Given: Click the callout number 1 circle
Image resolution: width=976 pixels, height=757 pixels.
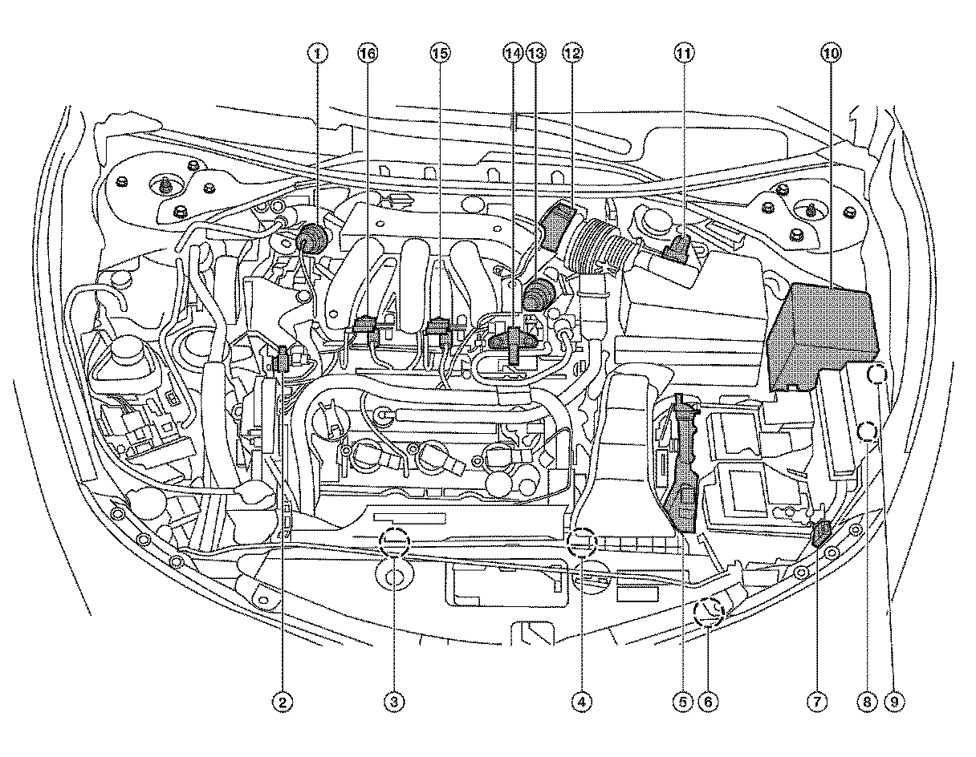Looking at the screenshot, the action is pos(319,54).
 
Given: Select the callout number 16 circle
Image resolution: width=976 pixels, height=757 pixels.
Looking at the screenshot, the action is pos(367,54).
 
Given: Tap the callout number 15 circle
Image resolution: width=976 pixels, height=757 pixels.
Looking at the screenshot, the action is pos(439,54).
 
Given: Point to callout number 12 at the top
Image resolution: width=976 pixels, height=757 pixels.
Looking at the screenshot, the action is pos(571,54).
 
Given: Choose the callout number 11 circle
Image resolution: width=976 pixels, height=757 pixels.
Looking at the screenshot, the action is pos(683,54).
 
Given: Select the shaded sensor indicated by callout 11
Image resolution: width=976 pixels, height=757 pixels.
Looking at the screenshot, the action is pos(677,249).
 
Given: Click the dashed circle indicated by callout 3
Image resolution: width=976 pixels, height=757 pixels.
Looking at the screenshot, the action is pos(394,542).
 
